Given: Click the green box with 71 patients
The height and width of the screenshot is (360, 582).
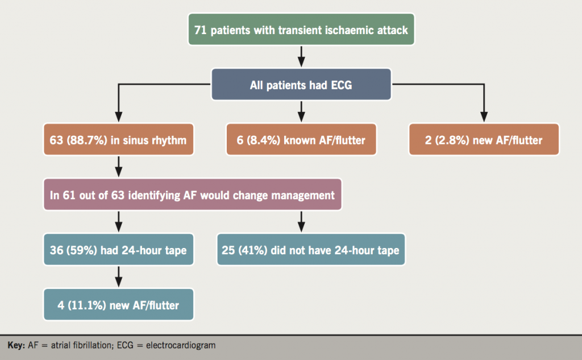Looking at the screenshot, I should point(301,31).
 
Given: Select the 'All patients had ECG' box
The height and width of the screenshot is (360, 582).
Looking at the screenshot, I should point(301,85).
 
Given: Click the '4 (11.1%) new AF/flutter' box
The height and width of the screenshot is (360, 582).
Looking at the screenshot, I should point(118,305).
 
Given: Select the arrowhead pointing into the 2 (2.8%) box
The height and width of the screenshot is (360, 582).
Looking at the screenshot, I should point(484,117).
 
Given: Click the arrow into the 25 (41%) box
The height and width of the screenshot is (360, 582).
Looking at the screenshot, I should point(301,222).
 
